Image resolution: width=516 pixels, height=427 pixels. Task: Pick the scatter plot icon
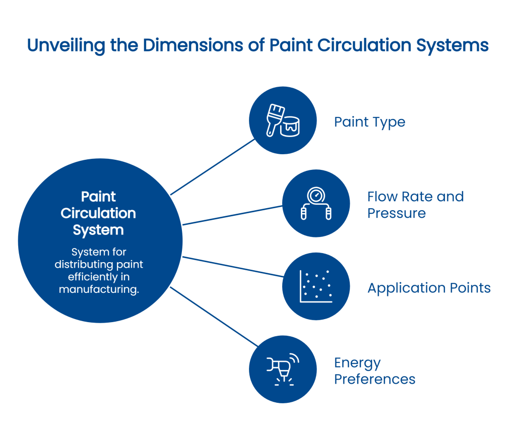point(316,286)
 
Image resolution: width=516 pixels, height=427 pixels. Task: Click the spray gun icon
point(282,369)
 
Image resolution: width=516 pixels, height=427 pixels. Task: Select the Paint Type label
point(369,122)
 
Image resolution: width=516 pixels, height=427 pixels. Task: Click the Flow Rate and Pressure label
point(415,204)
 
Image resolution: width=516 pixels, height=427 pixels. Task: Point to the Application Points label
point(429,288)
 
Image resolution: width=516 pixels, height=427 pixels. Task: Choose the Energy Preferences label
point(374,371)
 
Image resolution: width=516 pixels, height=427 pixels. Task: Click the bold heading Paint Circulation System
point(98,213)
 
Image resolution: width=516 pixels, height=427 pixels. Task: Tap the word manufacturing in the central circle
point(98,289)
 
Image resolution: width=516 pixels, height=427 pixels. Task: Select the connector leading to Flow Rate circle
point(232,215)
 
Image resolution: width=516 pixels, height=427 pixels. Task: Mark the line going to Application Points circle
point(232,266)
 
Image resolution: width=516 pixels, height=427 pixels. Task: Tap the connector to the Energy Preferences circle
point(214,316)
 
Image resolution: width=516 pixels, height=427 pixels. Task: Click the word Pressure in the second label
point(396,213)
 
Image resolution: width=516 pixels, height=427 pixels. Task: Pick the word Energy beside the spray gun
point(357,362)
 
